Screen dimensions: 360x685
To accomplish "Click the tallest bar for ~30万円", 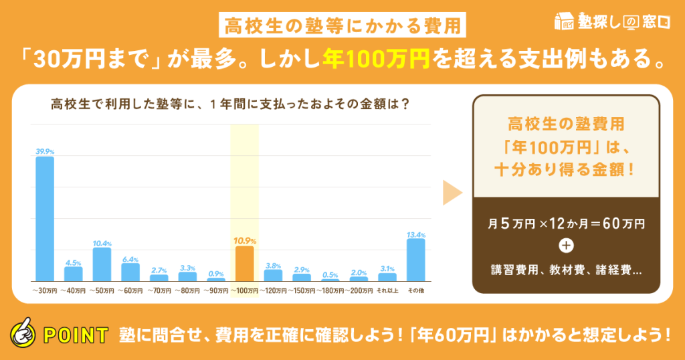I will point(44,218).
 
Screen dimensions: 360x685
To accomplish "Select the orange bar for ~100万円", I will point(244,263).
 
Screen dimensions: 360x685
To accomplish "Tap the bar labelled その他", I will point(415,260).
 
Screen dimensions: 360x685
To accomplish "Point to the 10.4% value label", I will point(102,242).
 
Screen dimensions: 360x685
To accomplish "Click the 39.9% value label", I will point(44,151).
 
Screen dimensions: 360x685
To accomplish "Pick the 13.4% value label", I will point(415,234).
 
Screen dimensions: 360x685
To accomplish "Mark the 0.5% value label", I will point(330,275).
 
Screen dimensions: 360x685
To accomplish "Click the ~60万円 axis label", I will point(130,291).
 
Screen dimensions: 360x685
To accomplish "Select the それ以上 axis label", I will point(387,291).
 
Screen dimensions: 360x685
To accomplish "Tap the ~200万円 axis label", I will point(358,291).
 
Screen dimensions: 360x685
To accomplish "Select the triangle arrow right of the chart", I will point(453,193).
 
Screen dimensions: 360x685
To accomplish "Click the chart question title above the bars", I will point(231,105).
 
